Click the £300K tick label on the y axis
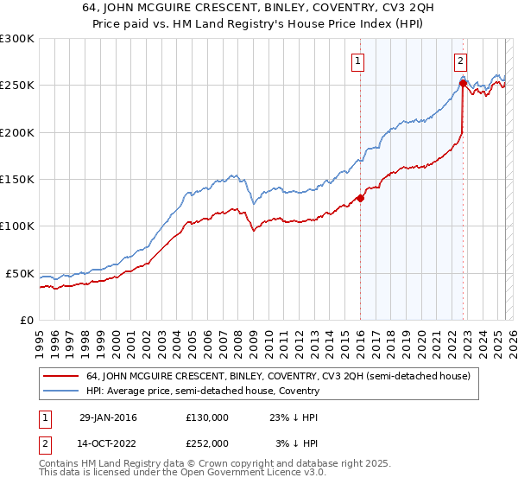16,39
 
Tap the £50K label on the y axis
20,273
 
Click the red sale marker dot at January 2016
360,198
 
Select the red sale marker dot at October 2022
462,84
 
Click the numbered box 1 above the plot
357,60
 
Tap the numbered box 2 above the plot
461,60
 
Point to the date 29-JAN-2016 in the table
108,417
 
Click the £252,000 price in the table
206,443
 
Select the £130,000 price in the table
206,417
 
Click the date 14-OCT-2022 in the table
108,443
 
